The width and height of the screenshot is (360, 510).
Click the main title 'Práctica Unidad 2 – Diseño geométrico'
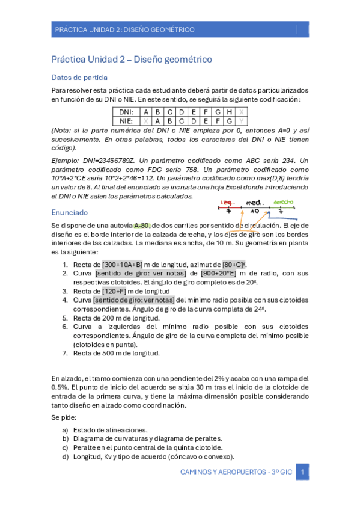[131, 60]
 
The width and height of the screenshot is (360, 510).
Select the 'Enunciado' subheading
[70, 212]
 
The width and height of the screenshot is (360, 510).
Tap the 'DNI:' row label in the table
[125, 112]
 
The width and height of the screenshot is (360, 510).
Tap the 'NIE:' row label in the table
[125, 121]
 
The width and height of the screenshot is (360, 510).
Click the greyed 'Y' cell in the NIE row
[242, 121]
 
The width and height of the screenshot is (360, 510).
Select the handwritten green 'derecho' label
[283, 202]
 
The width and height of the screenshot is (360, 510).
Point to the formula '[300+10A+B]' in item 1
[123, 265]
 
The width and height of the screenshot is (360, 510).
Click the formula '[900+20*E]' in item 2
[221, 273]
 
